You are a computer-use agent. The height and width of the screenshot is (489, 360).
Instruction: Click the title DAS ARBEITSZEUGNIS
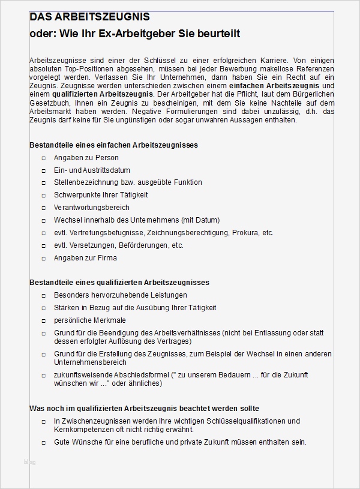[x=90, y=17]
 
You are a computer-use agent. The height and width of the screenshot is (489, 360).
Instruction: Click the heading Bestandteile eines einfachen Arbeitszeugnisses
[x=114, y=145]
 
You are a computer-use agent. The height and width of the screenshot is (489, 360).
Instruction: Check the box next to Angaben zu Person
[x=44, y=158]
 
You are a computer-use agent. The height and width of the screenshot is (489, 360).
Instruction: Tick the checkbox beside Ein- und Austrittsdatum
[x=44, y=171]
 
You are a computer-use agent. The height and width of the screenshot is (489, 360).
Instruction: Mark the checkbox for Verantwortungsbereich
[x=44, y=208]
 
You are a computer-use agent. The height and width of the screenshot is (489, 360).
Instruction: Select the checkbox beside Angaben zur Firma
[x=44, y=259]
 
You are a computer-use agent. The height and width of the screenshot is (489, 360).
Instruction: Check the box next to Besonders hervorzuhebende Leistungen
[x=44, y=296]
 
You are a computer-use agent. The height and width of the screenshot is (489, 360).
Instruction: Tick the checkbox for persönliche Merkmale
[x=44, y=321]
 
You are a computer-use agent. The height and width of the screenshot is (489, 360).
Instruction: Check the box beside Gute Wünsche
[x=44, y=443]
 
